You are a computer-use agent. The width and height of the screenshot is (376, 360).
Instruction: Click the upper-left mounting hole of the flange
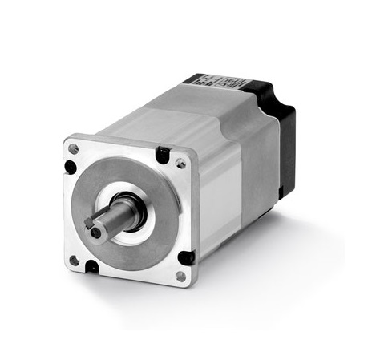tap(74, 149)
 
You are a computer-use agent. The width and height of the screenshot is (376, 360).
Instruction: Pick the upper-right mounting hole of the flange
tap(181, 164)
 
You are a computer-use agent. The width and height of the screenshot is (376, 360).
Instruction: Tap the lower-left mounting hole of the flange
tap(74, 260)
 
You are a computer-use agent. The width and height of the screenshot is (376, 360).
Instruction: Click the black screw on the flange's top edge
tap(163, 154)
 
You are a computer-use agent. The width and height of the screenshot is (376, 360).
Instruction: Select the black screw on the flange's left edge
tap(71, 168)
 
